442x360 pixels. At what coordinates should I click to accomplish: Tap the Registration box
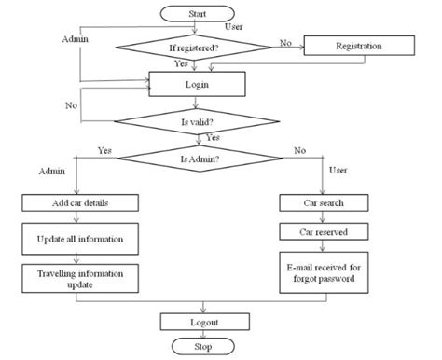pos(357,45)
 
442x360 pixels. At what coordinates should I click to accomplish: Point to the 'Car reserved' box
pos(323,230)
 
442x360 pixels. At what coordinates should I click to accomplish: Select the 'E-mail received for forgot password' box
pos(323,270)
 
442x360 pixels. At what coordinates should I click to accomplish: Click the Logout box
pos(206,322)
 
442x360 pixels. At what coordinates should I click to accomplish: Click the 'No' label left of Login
pos(71,105)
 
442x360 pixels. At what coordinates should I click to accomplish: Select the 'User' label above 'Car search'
pos(338,171)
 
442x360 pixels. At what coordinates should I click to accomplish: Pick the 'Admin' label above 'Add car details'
pos(51,172)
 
